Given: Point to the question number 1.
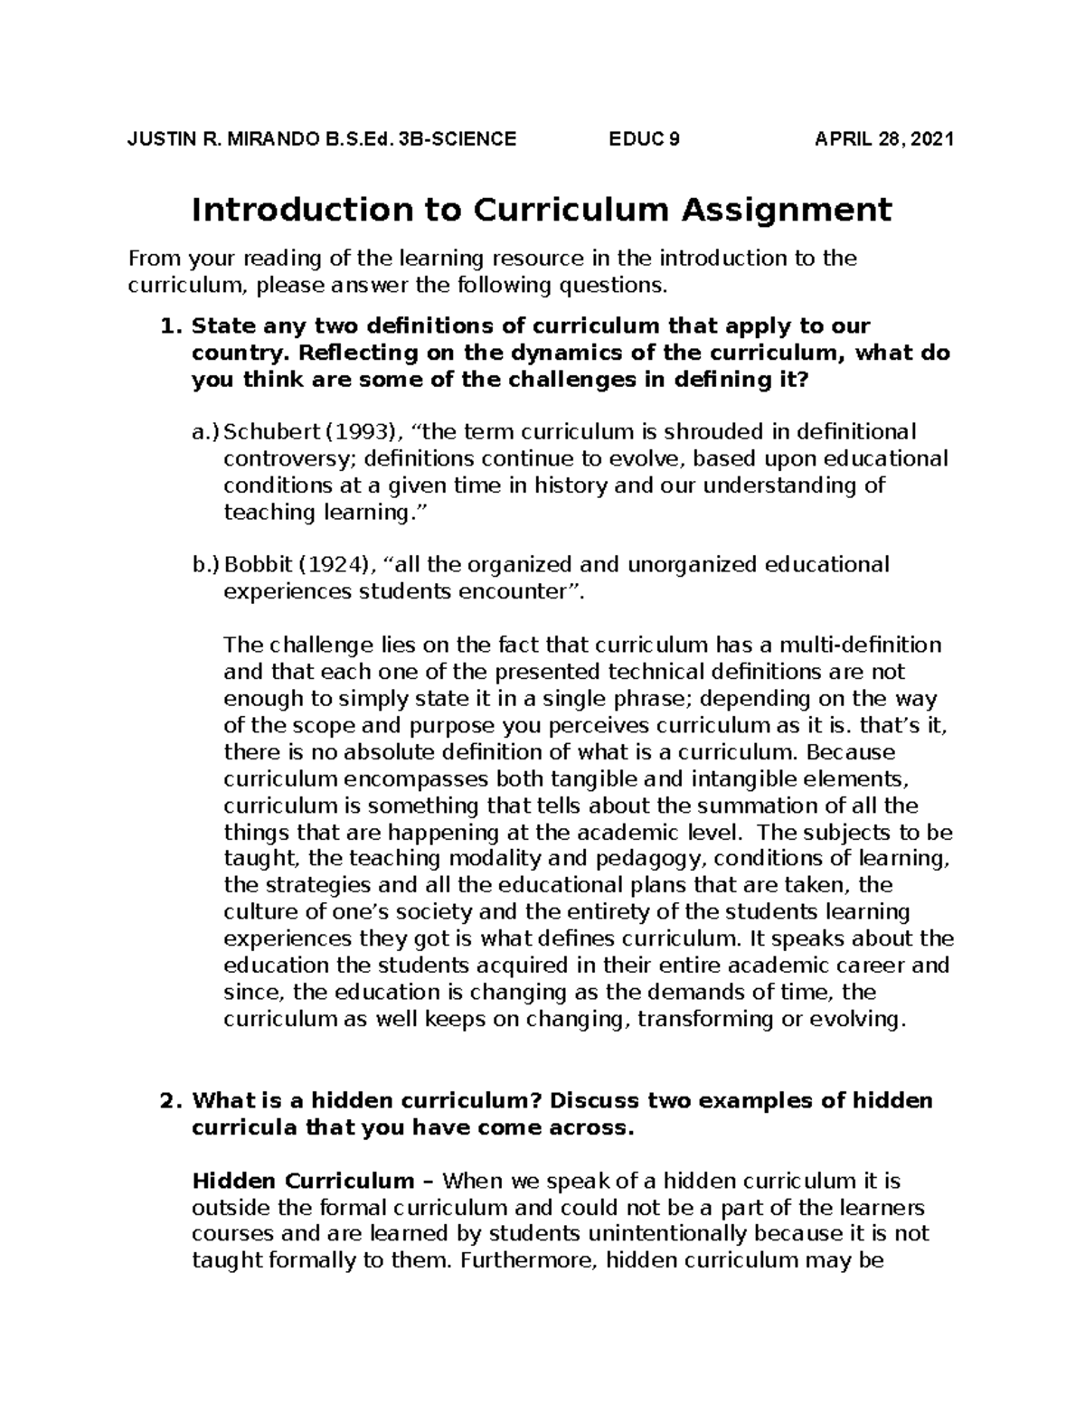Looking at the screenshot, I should [165, 325].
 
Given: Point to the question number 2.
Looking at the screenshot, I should [165, 1101].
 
